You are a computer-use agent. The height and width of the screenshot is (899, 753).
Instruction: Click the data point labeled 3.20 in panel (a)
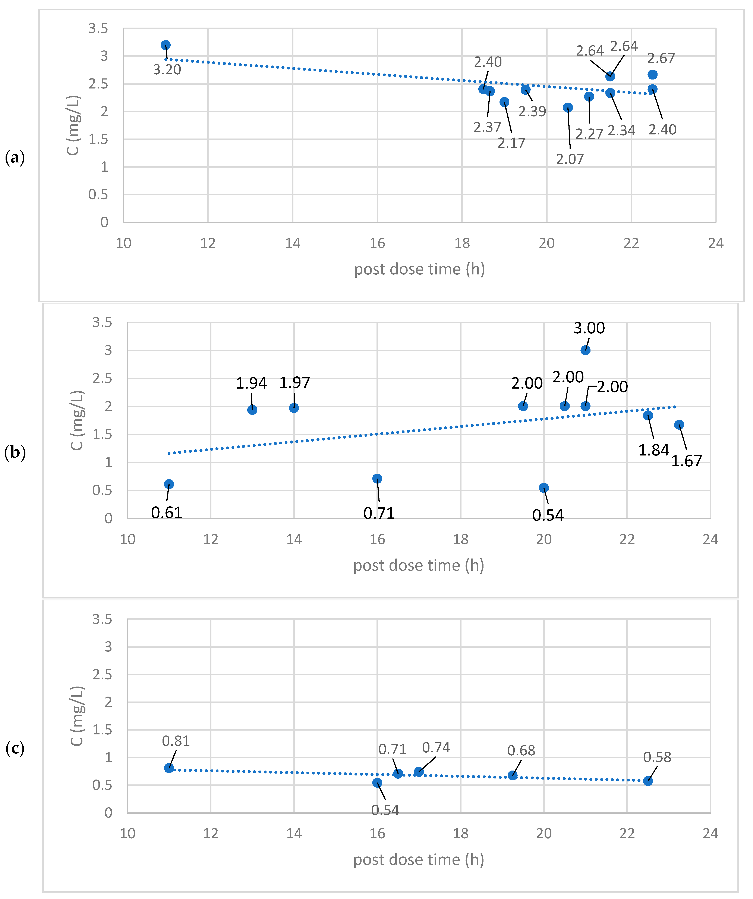[x=166, y=45]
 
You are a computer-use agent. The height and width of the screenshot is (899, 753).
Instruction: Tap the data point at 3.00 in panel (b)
[x=585, y=350]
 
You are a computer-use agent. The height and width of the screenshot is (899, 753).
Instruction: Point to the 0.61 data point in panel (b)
[x=169, y=484]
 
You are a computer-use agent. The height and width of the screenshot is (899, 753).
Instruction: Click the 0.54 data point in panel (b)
[x=544, y=488]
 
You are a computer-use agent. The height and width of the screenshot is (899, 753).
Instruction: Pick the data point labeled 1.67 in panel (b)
[x=679, y=425]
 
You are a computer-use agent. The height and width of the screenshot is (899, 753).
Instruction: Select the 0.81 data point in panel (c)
[x=169, y=768]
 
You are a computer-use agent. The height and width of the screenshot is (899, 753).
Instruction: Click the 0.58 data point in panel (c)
[x=648, y=781]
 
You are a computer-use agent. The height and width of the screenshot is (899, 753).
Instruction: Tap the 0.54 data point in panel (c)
[x=377, y=783]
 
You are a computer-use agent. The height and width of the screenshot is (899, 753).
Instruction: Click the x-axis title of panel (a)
[x=419, y=269]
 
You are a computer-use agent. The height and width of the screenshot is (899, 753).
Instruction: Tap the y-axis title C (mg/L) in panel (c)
[x=77, y=716]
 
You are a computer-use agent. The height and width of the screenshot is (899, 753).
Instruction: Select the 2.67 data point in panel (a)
[x=652, y=74]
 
